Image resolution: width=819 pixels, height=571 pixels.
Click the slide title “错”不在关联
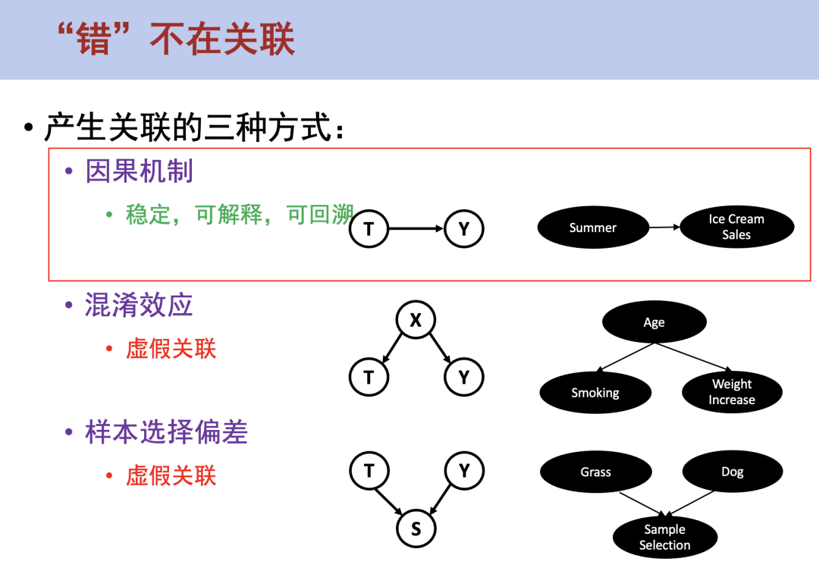pos(176,39)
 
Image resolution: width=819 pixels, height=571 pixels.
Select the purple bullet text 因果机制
pos(140,171)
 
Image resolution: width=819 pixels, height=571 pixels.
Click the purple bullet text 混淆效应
pos(140,305)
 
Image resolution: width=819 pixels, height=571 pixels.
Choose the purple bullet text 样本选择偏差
pos(167,432)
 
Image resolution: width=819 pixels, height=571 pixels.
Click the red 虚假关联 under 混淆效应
pos(171,349)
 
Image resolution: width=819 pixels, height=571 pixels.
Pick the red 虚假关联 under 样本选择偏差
pos(171,475)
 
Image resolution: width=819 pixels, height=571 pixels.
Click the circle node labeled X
pos(416,321)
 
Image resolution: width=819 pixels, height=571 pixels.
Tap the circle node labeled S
pos(416,528)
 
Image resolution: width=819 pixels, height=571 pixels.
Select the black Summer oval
pos(593,227)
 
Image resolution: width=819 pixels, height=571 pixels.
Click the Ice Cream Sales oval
pos(736,227)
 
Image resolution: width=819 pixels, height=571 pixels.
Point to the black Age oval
pos(654,322)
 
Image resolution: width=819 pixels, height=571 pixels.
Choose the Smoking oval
pos(595,393)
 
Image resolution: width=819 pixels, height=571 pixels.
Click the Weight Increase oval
pos(732,392)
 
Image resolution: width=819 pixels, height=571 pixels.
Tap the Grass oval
pos(596,472)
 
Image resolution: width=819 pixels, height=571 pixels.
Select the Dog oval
pos(733,472)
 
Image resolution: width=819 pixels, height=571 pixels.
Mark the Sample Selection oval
pos(664,537)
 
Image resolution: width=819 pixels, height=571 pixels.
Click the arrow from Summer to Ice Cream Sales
pos(664,227)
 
